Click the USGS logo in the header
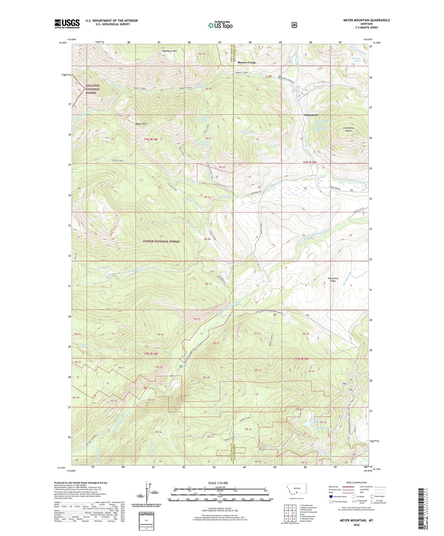click(67, 24)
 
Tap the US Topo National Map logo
click(220, 25)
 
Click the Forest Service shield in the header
click(294, 25)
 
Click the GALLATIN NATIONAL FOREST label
click(93, 89)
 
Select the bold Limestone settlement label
click(311, 115)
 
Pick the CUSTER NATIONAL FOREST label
click(161, 241)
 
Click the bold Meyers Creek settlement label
click(246, 63)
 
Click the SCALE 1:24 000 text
click(218, 483)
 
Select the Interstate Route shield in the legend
click(331, 496)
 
